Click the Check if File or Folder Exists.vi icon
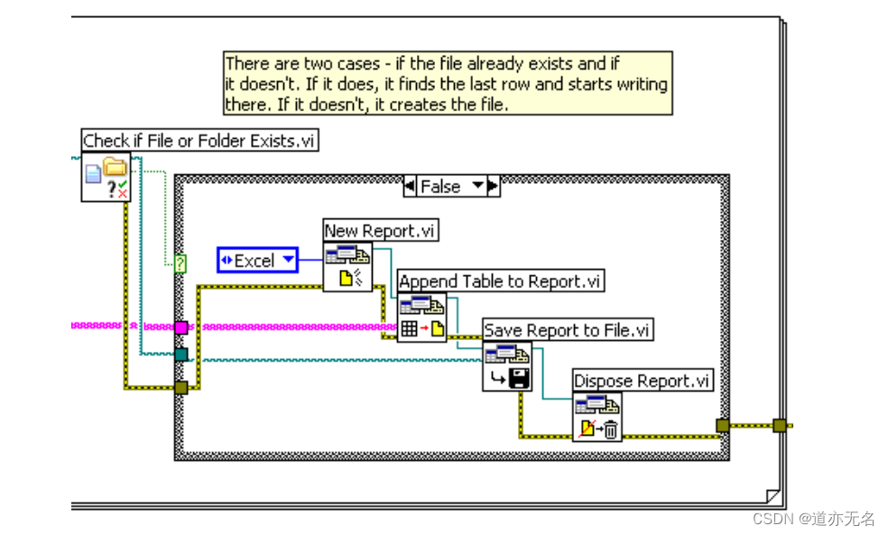[x=106, y=177]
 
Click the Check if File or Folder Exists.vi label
[x=199, y=141]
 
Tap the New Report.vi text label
[x=380, y=231]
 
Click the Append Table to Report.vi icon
[x=422, y=317]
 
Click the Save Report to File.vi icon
[x=507, y=366]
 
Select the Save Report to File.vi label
[x=567, y=330]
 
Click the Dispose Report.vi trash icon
[x=597, y=417]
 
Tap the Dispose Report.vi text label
[x=643, y=381]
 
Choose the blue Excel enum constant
[x=257, y=261]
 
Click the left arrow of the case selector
[x=411, y=187]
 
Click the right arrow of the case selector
[x=492, y=187]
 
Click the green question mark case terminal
[x=180, y=263]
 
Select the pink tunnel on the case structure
[x=180, y=327]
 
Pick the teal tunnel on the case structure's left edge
[x=180, y=355]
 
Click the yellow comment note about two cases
[x=446, y=83]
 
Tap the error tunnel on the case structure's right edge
[x=723, y=426]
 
